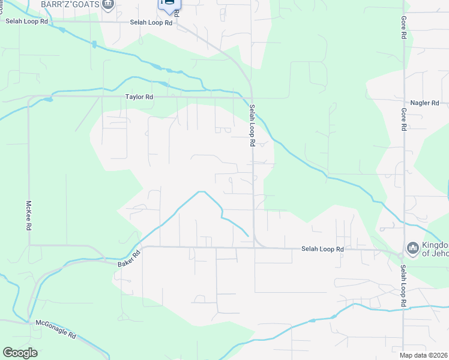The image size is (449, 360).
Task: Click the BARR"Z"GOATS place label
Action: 69,4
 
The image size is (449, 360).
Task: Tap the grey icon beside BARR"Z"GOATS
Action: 108,5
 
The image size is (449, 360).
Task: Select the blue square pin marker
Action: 169,4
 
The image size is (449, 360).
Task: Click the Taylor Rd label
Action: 139,97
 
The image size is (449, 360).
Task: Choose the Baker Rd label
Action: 128,259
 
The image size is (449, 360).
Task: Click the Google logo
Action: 20,353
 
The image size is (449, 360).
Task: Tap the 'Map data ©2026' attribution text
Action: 424,355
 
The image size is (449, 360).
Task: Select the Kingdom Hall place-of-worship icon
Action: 412,248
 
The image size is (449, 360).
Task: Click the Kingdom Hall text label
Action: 436,248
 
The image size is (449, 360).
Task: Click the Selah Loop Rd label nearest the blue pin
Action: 151,23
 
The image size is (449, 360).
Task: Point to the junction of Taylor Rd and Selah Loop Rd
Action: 252,97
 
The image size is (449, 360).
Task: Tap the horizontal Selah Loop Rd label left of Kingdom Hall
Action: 322,249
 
